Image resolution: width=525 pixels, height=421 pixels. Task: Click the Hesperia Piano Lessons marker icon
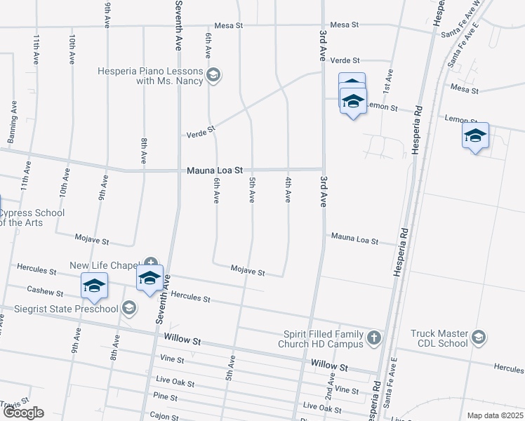coord(214,75)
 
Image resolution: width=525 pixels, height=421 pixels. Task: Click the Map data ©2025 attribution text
coord(495,415)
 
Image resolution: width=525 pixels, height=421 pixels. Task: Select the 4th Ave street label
coord(288,190)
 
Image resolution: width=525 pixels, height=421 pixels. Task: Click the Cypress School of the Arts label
coord(32,218)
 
